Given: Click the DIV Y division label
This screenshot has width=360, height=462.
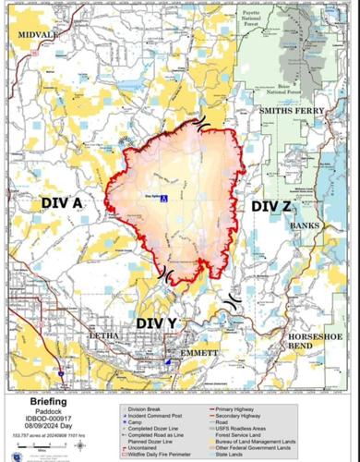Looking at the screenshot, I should [x=157, y=322].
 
